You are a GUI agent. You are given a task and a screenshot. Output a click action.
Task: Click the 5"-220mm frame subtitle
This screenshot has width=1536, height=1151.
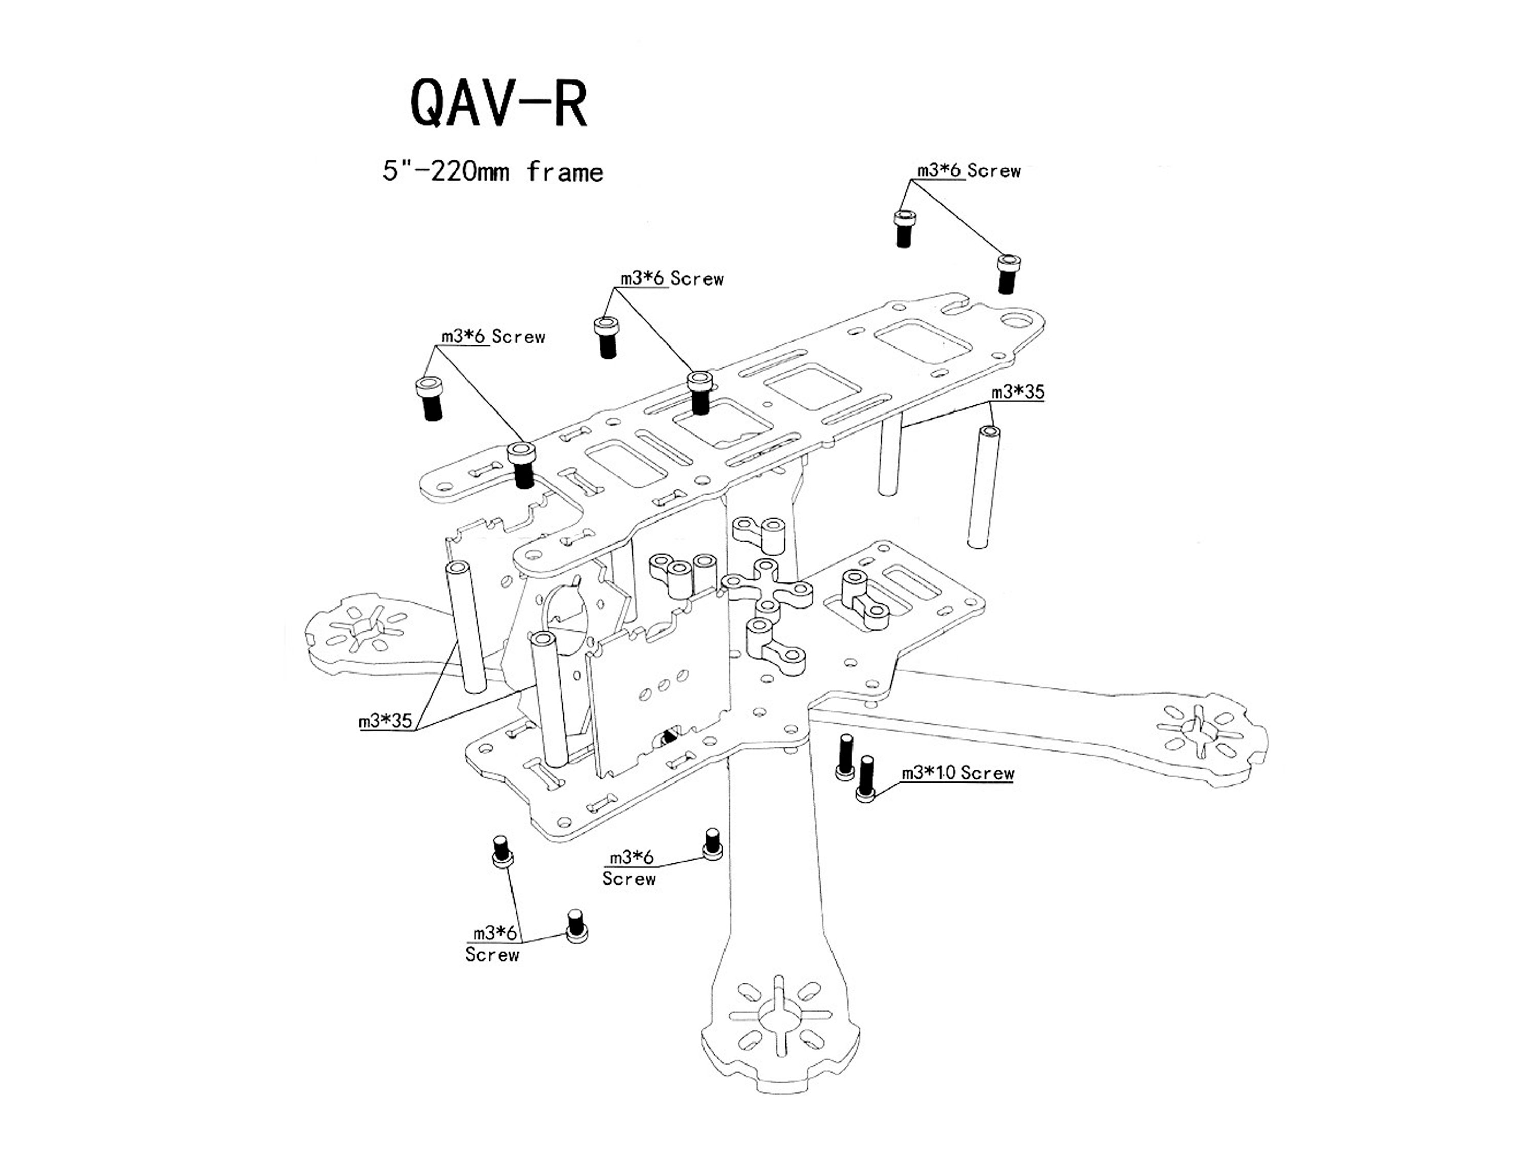click(x=493, y=171)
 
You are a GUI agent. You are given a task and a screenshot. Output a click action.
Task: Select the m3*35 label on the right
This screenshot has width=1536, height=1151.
click(x=1017, y=392)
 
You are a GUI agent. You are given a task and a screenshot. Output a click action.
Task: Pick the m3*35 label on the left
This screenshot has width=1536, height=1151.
click(x=386, y=721)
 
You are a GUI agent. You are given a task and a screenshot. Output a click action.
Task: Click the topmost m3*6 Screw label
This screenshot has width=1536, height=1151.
click(x=969, y=171)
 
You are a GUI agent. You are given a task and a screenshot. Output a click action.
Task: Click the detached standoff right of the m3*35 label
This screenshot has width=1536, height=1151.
click(x=984, y=486)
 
